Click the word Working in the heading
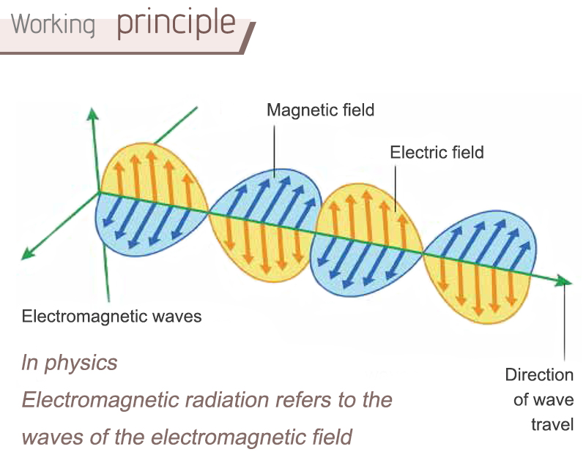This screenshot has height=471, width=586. (53, 25)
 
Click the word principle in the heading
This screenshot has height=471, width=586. (176, 24)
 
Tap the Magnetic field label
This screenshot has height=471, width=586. (320, 110)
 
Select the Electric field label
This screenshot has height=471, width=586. (437, 152)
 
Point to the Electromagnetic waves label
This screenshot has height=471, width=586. (112, 317)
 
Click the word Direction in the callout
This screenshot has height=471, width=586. (539, 374)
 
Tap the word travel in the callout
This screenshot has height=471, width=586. (552, 425)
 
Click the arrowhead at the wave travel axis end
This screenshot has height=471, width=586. (563, 281)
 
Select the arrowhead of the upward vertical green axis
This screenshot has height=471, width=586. (92, 114)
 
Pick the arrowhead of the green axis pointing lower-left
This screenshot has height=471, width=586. (27, 254)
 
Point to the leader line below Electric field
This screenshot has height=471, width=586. (396, 189)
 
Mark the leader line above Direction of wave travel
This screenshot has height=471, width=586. (564, 322)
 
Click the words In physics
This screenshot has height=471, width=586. (70, 363)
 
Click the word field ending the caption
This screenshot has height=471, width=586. (332, 437)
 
